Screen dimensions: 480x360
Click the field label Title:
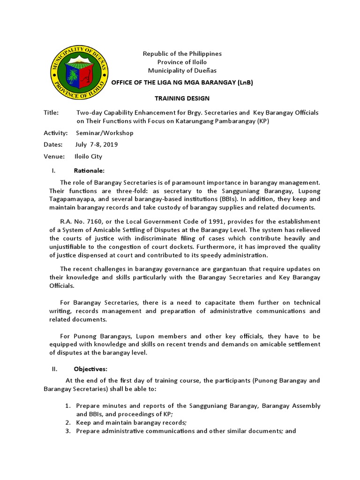coord(51,112)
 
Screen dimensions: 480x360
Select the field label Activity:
coord(56,133)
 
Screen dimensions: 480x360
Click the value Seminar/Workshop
coord(105,133)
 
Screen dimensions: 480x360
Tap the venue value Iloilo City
coord(89,157)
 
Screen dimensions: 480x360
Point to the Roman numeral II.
coord(54,369)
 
